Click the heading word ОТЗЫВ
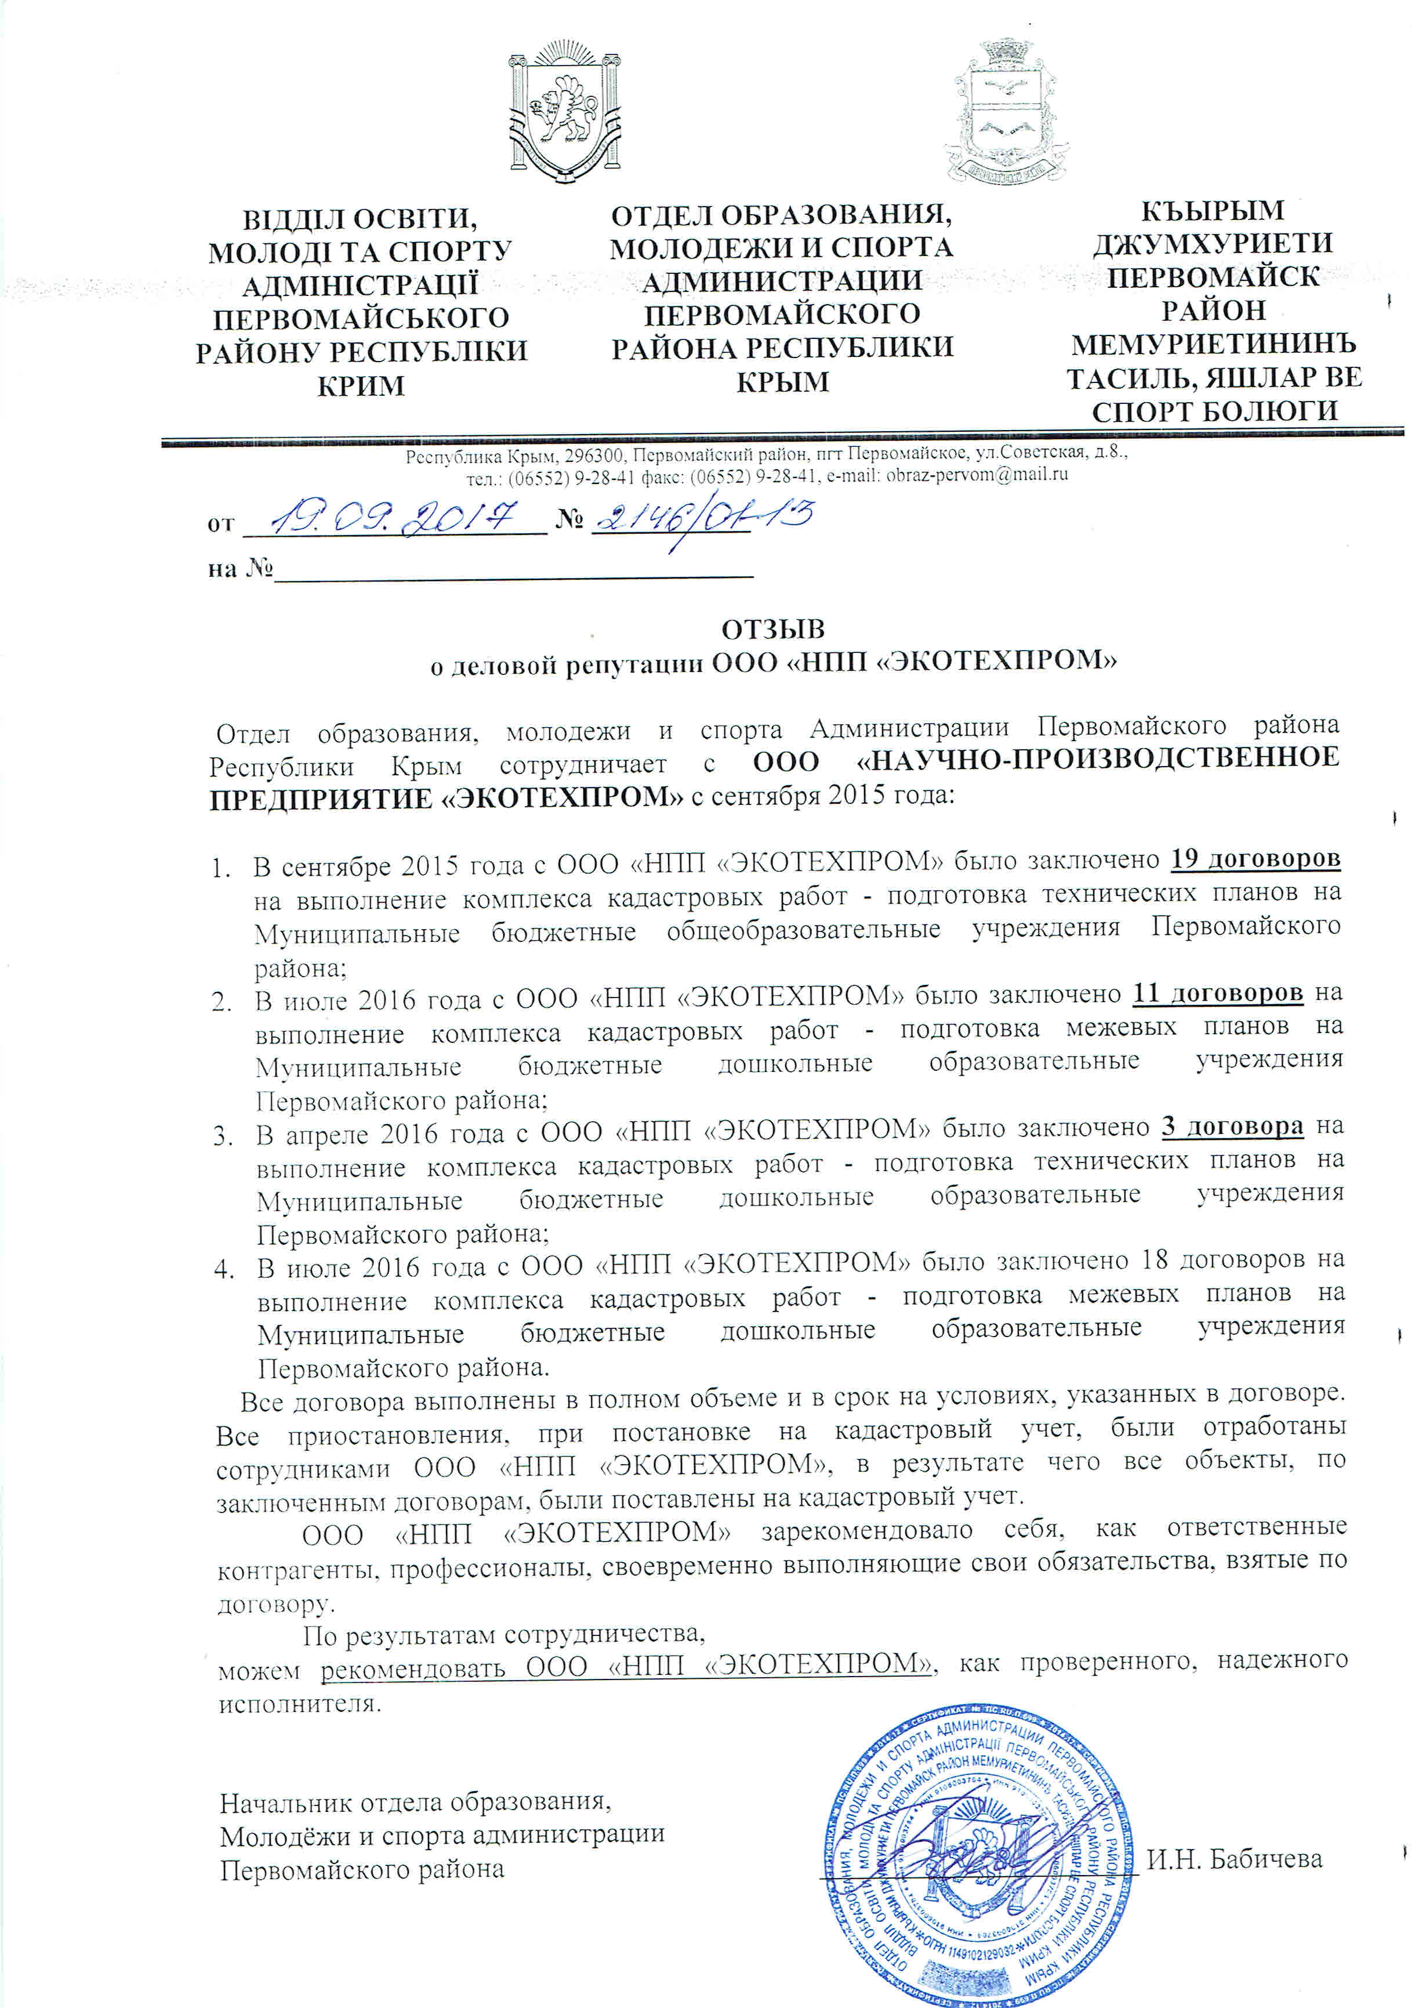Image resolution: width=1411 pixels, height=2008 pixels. click(x=773, y=629)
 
